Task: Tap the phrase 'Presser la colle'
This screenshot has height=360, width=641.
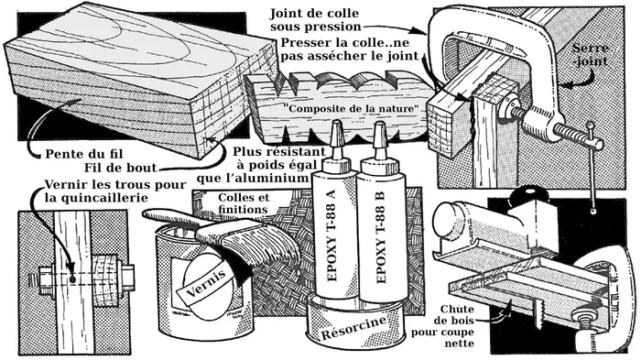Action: pyautogui.click(x=324, y=44)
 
